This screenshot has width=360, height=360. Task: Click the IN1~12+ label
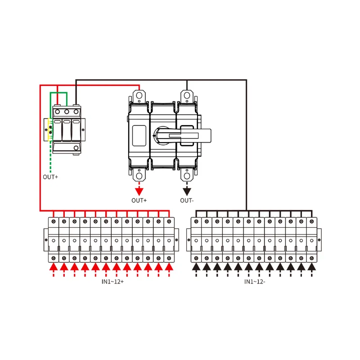pyautogui.click(x=112, y=282)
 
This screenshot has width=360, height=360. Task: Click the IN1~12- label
pyautogui.click(x=255, y=282)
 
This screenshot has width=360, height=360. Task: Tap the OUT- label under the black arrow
pyautogui.click(x=187, y=200)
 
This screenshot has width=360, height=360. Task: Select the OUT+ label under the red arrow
pyautogui.click(x=139, y=200)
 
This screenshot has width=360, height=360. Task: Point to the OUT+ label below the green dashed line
pyautogui.click(x=50, y=177)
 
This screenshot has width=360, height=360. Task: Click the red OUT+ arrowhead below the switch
pyautogui.click(x=139, y=192)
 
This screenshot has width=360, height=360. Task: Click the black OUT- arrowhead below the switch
pyautogui.click(x=187, y=192)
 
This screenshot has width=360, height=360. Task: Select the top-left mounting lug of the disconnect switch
pyautogui.click(x=139, y=96)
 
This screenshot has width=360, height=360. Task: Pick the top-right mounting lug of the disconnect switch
pyautogui.click(x=187, y=96)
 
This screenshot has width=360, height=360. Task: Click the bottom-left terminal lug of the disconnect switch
pyautogui.click(x=139, y=175)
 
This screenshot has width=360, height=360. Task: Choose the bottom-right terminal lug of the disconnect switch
pyautogui.click(x=187, y=175)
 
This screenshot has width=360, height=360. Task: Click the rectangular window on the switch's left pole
pyautogui.click(x=139, y=136)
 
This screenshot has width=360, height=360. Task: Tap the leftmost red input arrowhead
pyautogui.click(x=54, y=267)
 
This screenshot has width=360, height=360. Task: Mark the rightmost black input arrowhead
pyautogui.click(x=311, y=267)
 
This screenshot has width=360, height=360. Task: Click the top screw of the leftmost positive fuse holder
pyautogui.click(x=54, y=221)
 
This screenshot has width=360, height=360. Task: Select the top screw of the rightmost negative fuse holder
pyautogui.click(x=311, y=221)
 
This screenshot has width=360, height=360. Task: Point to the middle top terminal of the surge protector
pyautogui.click(x=67, y=112)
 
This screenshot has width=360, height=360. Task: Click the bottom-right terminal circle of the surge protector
pyautogui.click(x=76, y=148)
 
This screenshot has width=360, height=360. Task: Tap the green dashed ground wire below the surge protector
pyautogui.click(x=50, y=157)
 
